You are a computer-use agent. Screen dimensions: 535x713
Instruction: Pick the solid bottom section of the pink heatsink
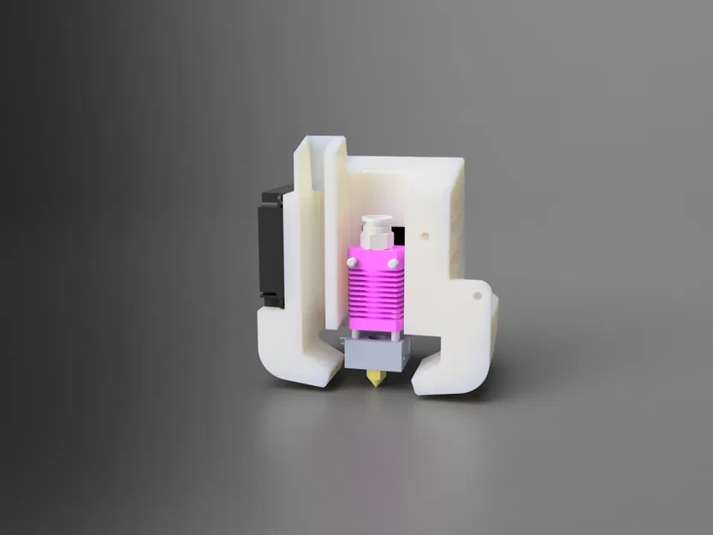point(374,323)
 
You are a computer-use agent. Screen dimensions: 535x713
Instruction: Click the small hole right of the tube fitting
point(425,232)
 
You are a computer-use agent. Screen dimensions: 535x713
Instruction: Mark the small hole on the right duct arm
point(478,295)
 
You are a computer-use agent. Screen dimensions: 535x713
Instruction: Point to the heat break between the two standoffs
point(374,335)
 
